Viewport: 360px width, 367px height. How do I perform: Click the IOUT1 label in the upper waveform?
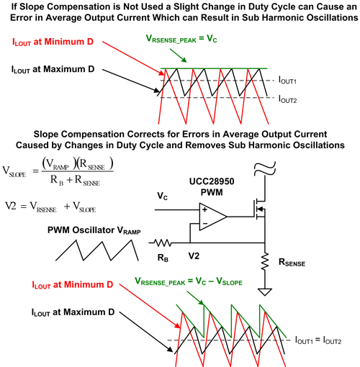click(287, 80)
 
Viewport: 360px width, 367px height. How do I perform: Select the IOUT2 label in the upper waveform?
click(287, 99)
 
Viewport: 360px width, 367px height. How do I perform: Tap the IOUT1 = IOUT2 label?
click(318, 340)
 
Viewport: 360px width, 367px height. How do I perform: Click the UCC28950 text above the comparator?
click(212, 181)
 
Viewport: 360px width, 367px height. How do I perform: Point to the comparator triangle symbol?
click(213, 217)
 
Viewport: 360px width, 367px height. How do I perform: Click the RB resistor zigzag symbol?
click(163, 243)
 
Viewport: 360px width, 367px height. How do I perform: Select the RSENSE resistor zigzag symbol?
click(265, 261)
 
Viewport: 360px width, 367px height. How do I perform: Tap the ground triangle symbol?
click(265, 292)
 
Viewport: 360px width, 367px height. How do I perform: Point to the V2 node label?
click(194, 256)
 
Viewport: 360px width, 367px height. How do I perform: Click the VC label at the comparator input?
click(163, 196)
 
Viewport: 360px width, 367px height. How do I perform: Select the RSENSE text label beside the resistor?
click(292, 263)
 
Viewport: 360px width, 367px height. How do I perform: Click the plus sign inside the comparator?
click(204, 209)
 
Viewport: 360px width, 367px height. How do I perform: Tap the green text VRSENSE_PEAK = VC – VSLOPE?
click(189, 281)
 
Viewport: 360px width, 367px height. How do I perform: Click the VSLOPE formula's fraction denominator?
click(75, 180)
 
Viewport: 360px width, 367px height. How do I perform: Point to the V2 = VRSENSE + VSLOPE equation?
click(50, 207)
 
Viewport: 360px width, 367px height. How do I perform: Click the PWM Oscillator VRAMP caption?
click(94, 230)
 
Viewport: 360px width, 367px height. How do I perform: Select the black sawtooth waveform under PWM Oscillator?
click(97, 250)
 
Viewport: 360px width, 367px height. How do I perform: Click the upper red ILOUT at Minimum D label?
click(53, 42)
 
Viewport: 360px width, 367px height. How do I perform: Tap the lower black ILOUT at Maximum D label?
click(73, 312)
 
